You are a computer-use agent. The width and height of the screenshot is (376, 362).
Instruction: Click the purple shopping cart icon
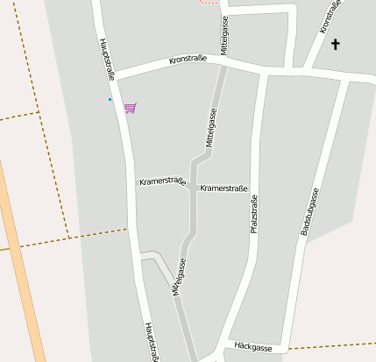[x=130, y=108]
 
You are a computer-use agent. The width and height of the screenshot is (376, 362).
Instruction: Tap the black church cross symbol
[x=335, y=43]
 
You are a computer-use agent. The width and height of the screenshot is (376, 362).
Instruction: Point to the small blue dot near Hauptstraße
[x=110, y=99]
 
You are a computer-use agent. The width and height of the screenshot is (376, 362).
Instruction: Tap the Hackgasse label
[x=253, y=348]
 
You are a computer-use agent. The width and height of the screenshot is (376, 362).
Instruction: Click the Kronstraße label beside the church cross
[x=330, y=19]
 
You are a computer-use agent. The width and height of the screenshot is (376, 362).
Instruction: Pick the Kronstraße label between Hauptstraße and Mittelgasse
[x=188, y=60]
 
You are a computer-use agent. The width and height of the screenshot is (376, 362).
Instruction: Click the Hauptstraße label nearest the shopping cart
[x=108, y=60]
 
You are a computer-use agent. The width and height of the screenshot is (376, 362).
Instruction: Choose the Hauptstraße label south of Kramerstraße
[x=151, y=341]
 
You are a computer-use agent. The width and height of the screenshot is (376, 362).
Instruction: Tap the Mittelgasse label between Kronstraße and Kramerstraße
[x=210, y=127]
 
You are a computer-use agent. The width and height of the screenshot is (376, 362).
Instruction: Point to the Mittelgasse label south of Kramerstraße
[x=180, y=275]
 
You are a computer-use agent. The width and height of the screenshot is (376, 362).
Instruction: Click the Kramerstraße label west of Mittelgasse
[x=162, y=181]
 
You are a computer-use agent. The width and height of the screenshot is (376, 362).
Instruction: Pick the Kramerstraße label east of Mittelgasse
[x=223, y=188]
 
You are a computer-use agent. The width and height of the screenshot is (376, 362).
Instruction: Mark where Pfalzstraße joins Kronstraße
[x=262, y=72]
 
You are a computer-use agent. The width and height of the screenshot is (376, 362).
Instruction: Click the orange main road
[x=24, y=263]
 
